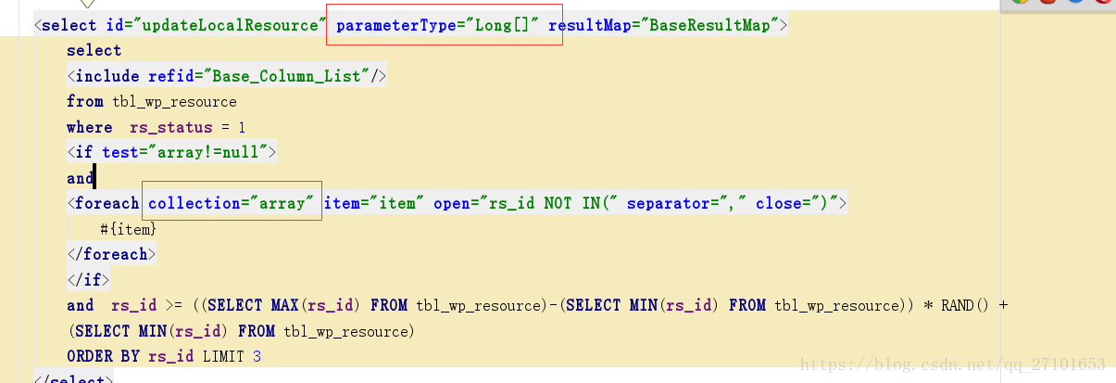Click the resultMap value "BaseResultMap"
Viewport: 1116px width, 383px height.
pos(709,25)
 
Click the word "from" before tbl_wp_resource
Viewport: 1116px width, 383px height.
pos(84,101)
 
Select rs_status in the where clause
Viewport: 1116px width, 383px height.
pos(160,127)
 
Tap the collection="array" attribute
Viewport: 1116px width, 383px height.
pos(232,203)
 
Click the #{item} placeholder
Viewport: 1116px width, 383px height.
pos(129,228)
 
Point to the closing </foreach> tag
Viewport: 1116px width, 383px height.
pos(111,253)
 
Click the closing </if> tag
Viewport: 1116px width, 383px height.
pos(88,279)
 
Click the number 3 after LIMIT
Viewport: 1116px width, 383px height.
pos(257,356)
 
